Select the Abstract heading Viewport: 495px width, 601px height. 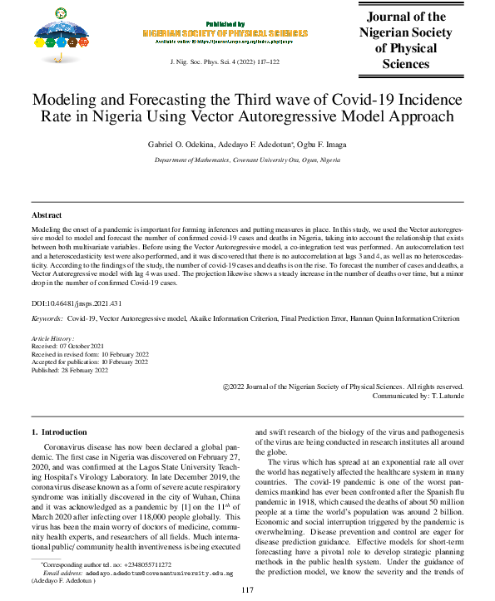click(x=47, y=215)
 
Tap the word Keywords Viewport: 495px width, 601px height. click(x=47, y=318)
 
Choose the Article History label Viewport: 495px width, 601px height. click(x=52, y=339)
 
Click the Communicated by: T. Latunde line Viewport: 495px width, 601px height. click(x=417, y=396)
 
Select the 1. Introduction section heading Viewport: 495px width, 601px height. click(x=58, y=432)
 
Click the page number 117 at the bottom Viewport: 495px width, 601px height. click(x=247, y=590)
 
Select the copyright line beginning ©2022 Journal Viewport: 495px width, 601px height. click(x=344, y=387)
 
